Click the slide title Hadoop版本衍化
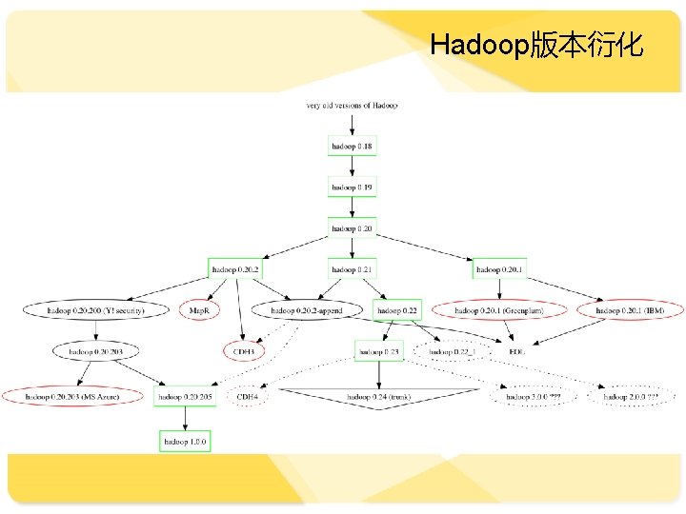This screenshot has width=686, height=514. [536, 45]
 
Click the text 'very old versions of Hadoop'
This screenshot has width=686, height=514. [352, 105]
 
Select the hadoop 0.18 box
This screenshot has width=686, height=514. [352, 147]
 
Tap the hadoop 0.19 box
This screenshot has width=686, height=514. [352, 188]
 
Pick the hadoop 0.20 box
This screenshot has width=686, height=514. [352, 228]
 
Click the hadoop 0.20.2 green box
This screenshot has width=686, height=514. [235, 269]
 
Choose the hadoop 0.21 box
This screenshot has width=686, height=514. [352, 269]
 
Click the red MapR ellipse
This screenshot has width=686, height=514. [200, 310]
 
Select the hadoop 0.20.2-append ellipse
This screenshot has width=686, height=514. [306, 310]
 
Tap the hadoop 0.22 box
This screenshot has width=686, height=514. [397, 310]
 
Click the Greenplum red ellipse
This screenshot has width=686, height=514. [497, 310]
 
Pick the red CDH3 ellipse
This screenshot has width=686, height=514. [243, 351]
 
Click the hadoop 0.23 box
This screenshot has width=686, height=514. [378, 351]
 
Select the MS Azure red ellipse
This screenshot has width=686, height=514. [73, 396]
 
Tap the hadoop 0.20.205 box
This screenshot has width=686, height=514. [186, 396]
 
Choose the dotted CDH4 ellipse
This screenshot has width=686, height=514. [248, 396]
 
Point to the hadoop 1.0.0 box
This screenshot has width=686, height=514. [185, 442]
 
